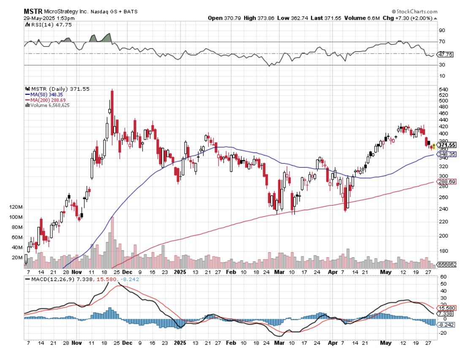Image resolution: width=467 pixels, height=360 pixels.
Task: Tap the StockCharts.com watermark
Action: coord(416,12)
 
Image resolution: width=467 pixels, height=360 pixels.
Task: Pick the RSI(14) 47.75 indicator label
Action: coord(43,25)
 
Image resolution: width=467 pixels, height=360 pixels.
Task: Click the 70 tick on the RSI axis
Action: coord(442,42)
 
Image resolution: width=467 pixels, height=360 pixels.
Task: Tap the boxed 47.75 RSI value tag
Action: coord(445,55)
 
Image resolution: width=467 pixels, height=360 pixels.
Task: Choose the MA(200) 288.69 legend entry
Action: coord(48,100)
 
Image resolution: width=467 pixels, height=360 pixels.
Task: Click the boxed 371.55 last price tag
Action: coord(446,145)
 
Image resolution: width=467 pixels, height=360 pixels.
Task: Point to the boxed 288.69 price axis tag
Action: coord(446,182)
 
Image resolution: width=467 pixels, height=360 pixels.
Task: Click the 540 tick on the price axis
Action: coord(443,90)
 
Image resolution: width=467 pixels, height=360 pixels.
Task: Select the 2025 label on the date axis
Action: coord(180,273)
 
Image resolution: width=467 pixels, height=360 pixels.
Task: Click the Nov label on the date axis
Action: coord(76,273)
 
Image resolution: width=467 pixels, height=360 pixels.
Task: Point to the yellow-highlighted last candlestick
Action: coord(433,146)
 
